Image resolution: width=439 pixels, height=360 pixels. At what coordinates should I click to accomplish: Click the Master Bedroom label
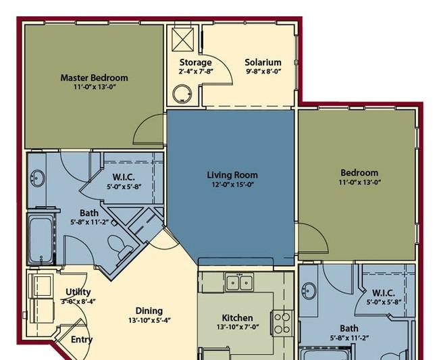[94, 78]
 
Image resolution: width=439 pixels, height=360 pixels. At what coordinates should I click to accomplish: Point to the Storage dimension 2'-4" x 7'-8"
[195, 72]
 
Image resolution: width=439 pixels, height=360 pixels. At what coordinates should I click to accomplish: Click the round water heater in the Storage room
[182, 93]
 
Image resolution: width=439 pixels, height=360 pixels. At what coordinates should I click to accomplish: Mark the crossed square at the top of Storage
[183, 37]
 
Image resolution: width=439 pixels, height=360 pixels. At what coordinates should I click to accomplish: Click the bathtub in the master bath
[41, 238]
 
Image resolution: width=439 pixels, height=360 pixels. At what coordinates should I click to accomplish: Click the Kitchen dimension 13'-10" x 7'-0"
[237, 328]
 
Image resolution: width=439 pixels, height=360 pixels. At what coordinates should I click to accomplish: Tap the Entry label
[81, 340]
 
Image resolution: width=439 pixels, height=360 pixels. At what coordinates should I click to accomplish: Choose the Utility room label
[78, 292]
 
